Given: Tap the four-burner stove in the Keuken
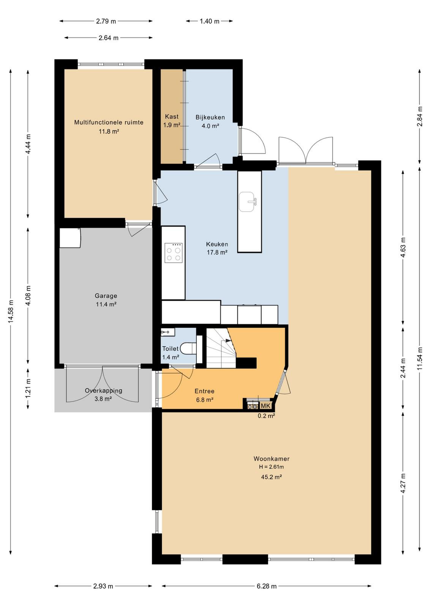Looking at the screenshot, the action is point(173,253).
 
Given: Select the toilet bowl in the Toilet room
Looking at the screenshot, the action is point(188,348).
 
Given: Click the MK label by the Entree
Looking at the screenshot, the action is point(265,406).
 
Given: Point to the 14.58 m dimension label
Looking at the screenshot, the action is point(11,311).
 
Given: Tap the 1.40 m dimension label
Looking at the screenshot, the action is point(209,21).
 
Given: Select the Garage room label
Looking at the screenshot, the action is point(106,296).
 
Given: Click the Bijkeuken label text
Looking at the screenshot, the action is point(210,117).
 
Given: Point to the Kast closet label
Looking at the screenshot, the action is point(172,116).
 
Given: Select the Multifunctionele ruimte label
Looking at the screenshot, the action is point(109,122).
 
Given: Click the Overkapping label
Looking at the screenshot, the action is point(103,390).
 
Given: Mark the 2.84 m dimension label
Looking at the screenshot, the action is point(420,116).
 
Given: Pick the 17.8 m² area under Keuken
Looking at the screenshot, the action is point(217,252).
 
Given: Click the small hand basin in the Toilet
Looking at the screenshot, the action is point(168,332).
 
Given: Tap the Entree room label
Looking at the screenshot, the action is point(205,391).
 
